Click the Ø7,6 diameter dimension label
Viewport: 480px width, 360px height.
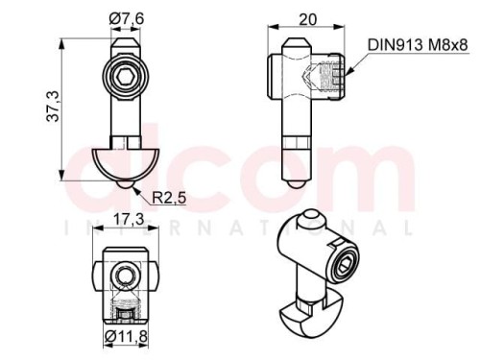point(127,19)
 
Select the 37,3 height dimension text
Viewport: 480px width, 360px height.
point(53,107)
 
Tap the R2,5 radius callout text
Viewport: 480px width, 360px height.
point(169,198)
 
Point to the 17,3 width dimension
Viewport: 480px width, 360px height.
point(129,219)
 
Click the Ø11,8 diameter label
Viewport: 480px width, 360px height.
point(126,336)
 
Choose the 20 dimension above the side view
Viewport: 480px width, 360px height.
point(307,20)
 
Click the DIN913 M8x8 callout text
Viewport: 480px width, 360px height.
point(418,45)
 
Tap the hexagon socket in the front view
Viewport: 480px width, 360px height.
point(125,77)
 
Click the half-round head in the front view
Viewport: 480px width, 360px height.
point(126,164)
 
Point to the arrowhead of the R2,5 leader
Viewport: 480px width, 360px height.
point(136,191)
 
